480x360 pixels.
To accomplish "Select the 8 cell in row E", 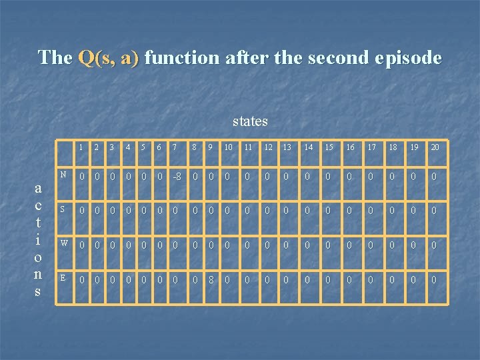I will pyautogui.click(x=211, y=280).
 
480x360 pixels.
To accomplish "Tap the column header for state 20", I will pyautogui.click(x=435, y=147).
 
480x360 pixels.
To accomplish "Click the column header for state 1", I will pyautogui.click(x=81, y=147).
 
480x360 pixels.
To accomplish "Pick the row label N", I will pyautogui.click(x=63, y=175).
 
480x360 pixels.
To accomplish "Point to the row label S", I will pyautogui.click(x=63, y=208).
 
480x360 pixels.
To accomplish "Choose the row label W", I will pyautogui.click(x=63, y=242).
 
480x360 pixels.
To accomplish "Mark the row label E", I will pyautogui.click(x=63, y=277).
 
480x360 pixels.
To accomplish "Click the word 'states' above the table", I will pyautogui.click(x=250, y=121).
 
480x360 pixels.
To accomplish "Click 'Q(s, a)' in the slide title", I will pyautogui.click(x=109, y=58).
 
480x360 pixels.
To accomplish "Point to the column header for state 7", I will pyautogui.click(x=175, y=147).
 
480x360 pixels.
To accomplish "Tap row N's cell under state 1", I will pyautogui.click(x=81, y=177).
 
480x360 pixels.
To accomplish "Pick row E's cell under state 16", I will pyautogui.click(x=351, y=280).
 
